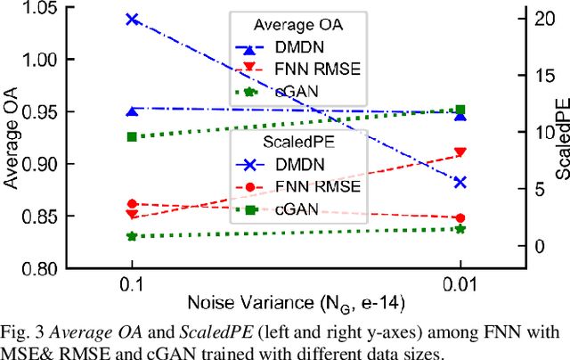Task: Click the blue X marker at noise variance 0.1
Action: (133, 19)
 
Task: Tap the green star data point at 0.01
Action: (460, 229)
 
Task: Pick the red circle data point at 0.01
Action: (460, 217)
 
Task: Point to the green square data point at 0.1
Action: (133, 136)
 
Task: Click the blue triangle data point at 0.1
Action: (133, 111)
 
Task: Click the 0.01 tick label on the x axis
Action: (460, 282)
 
